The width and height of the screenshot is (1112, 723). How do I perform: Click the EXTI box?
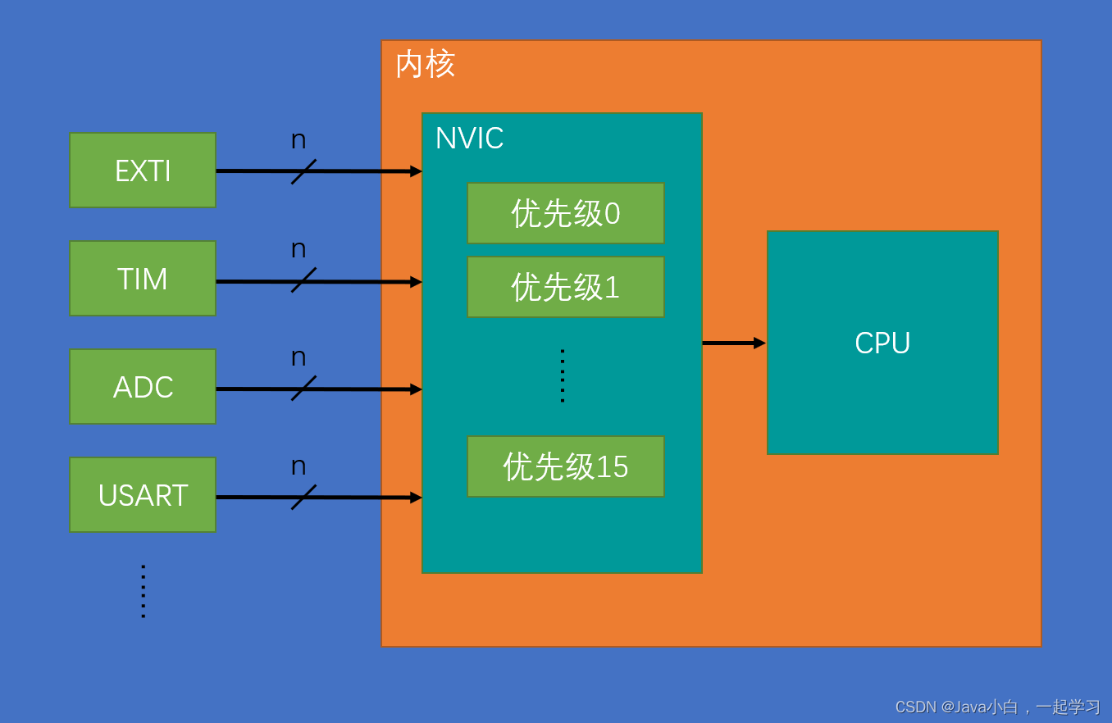click(143, 171)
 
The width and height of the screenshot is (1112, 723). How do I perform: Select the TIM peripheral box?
click(143, 279)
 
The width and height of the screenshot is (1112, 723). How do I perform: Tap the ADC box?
click(143, 387)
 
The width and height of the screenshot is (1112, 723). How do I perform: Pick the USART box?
click(143, 495)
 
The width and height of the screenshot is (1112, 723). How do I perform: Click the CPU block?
click(882, 343)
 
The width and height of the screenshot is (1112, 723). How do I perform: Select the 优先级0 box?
click(566, 213)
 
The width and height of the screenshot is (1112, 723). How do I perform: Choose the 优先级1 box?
click(566, 287)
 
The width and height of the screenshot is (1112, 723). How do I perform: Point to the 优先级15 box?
click(566, 466)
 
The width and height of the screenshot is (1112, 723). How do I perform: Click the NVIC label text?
click(469, 139)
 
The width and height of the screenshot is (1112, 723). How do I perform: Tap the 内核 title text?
click(425, 64)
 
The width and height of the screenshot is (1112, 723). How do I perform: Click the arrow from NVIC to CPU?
click(733, 343)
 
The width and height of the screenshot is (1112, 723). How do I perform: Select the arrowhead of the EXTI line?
click(416, 171)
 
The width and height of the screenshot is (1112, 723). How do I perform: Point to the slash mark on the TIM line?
click(303, 280)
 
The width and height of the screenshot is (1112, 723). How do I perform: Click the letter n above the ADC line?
click(299, 357)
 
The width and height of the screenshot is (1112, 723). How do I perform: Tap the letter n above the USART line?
click(299, 466)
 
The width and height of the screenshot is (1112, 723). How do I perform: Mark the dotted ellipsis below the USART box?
click(143, 591)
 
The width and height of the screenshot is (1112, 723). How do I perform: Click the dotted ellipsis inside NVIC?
click(563, 376)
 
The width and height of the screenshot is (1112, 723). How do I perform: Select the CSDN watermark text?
click(997, 707)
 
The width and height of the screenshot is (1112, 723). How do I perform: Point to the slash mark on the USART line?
click(303, 497)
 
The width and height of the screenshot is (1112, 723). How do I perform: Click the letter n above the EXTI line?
click(299, 140)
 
